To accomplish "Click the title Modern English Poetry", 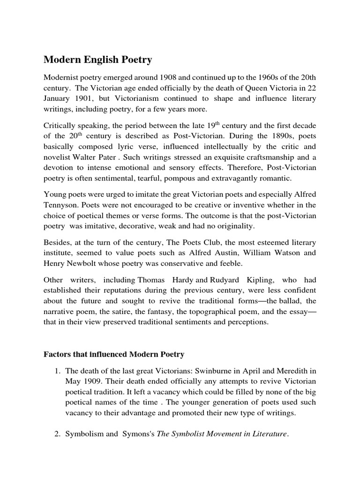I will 98,60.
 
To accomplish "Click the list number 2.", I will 58,434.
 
